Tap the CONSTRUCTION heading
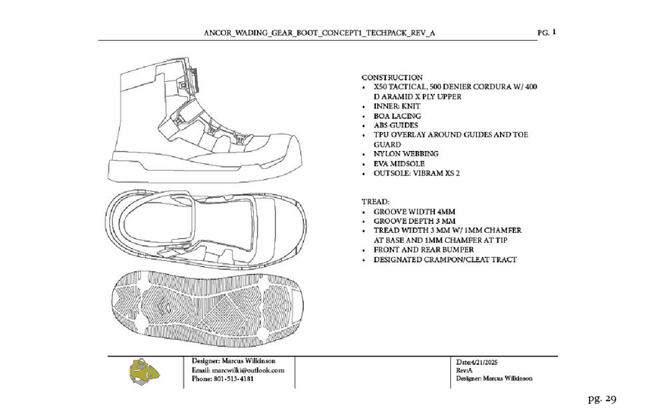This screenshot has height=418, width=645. pos(392,77)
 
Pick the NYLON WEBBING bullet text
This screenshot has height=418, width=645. pos(405,153)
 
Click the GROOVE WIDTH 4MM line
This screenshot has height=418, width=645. pos(414,211)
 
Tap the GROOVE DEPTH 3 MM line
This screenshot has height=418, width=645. pos(414,221)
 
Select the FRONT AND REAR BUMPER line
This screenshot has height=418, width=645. pos(424,250)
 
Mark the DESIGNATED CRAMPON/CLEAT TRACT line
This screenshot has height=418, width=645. pos(445,259)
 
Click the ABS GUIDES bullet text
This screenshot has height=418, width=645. pos(396,125)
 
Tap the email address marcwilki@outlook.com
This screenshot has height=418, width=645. pos(248,369)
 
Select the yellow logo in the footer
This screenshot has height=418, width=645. pos(146,372)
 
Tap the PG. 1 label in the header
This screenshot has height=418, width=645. pos(546,33)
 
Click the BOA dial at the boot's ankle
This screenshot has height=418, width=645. pos(191,78)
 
